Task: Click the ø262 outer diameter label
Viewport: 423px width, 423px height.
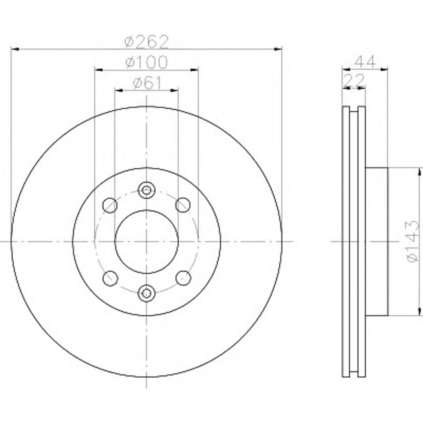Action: (x=146, y=42)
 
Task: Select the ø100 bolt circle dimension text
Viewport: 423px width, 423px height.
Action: (x=146, y=62)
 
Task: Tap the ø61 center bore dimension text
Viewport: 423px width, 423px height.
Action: (x=147, y=83)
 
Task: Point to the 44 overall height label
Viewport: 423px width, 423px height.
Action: (x=365, y=62)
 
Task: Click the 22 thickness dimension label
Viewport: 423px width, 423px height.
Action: (x=354, y=80)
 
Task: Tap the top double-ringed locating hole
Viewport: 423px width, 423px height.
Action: (x=146, y=190)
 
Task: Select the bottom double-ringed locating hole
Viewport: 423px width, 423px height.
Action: (x=146, y=293)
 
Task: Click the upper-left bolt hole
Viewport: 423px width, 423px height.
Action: (x=110, y=205)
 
